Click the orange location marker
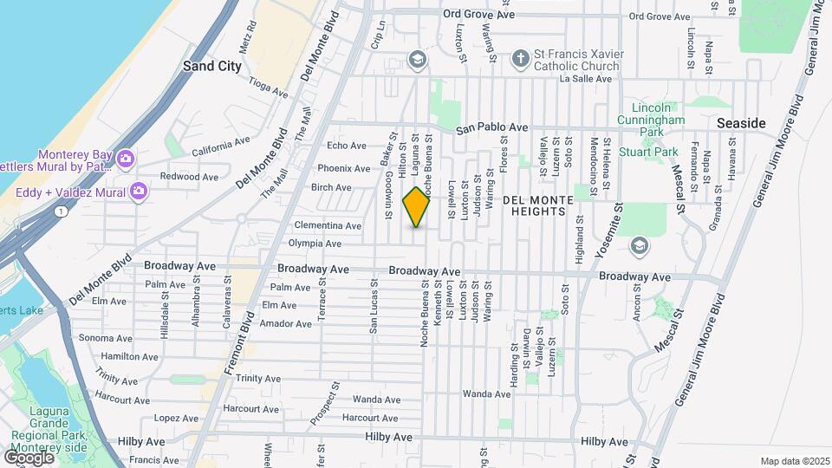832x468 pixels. [x=417, y=207]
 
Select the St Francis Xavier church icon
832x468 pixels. [x=520, y=59]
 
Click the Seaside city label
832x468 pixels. [x=741, y=124]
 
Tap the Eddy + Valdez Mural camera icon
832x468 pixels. [x=138, y=191]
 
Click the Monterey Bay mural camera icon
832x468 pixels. [x=126, y=158]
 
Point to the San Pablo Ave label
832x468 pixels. [x=492, y=127]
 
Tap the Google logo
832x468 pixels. [x=29, y=457]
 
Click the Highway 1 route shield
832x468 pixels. [x=60, y=211]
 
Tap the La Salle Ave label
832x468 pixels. [x=586, y=78]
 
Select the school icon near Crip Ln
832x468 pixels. [x=417, y=60]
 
